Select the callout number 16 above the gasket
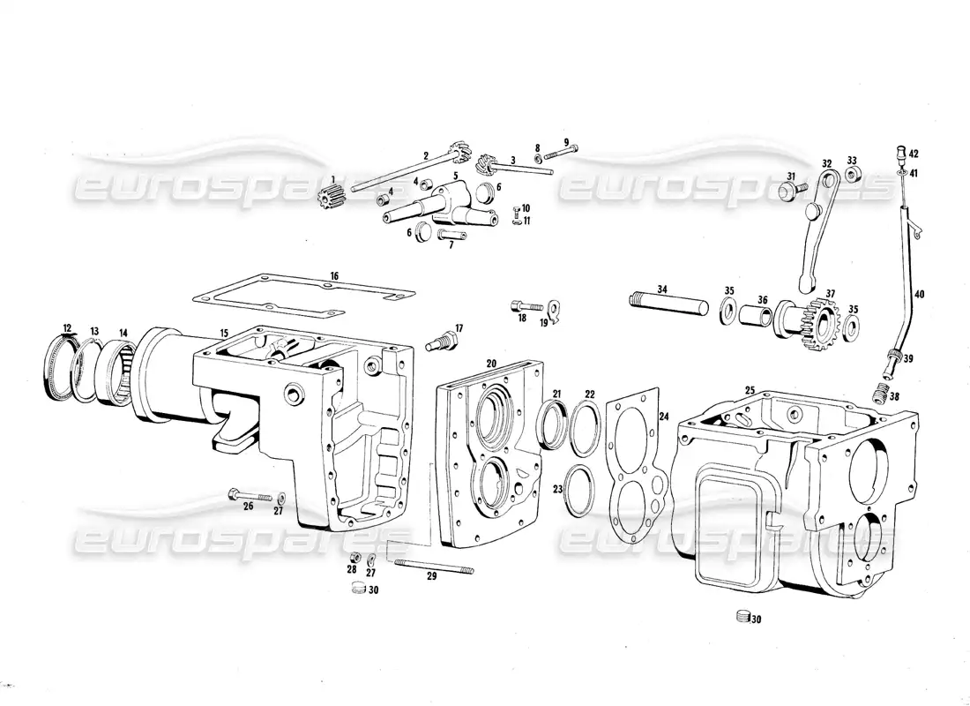pos(334,276)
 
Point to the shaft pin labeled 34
pos(669,301)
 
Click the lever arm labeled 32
pos(819,229)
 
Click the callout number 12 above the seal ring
pos(67,328)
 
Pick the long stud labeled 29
pos(434,567)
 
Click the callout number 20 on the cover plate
pos(491,363)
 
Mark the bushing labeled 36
pos(755,315)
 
